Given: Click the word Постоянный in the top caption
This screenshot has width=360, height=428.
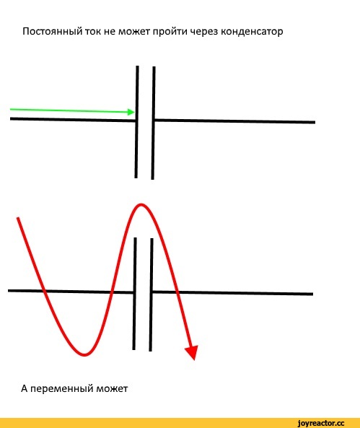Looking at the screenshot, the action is coord(53,32).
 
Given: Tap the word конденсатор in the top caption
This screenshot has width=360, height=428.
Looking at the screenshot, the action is coord(252,32).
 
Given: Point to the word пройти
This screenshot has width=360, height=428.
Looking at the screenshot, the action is coord(170,31).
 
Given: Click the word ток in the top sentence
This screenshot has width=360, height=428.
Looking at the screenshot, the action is coord(93,32).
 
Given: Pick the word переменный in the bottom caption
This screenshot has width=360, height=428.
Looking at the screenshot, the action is coord(61,388).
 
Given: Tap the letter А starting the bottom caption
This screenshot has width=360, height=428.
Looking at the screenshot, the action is coord(25,388).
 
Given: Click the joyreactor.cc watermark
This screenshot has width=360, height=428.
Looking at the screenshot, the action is coord(321,422).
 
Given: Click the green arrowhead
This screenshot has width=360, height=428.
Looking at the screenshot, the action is coord(131,112).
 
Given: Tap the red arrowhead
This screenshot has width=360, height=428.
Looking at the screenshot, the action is coord(192,353).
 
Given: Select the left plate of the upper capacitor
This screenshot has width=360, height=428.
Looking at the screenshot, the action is coord(136,122).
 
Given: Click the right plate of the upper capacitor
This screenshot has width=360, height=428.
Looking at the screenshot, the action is coord(154,123).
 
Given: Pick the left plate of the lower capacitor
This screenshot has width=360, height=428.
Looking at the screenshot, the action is coord(135,294).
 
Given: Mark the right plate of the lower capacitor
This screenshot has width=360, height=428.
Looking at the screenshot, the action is coord(152,294).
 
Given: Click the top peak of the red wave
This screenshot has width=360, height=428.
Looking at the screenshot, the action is coord(141,204).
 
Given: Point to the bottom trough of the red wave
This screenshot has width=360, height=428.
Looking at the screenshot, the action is coord(84,355).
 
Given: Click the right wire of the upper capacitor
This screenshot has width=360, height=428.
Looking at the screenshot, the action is coord(235,121).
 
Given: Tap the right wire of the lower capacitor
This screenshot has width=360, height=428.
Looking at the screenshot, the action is coord(232,293).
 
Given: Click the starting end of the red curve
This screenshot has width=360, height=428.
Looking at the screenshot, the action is coord(18,218).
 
